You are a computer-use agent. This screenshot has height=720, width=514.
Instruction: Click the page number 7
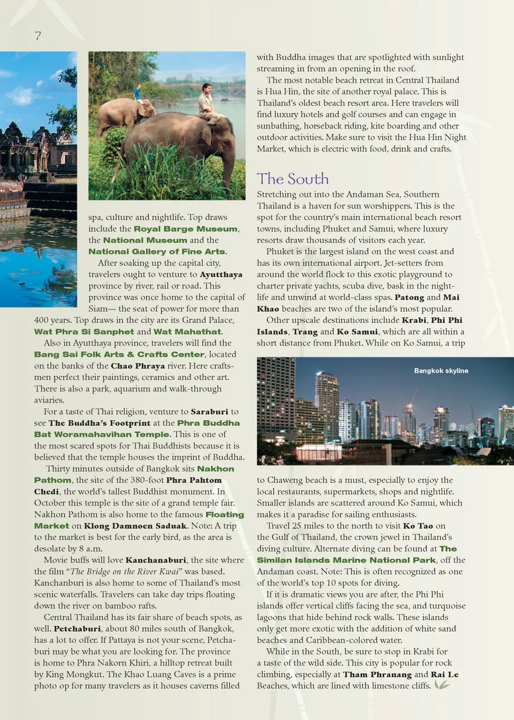pos(37,36)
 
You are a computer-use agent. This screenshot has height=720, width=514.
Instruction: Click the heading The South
pos(292,179)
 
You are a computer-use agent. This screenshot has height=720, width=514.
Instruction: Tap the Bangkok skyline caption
pos(441,371)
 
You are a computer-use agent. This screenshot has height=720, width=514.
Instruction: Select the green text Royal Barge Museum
pos(185,229)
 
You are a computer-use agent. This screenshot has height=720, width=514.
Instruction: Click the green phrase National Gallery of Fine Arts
pos(157,251)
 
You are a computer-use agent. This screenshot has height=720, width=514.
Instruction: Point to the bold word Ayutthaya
pos(221,274)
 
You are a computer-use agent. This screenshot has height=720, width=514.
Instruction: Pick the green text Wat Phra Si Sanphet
pos(84,332)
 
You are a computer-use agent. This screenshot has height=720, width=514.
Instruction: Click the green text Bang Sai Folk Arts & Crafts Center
pos(119,354)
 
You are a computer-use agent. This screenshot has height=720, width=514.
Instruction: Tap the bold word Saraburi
pos(209,411)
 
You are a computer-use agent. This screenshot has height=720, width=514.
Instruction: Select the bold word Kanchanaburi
pos(156,560)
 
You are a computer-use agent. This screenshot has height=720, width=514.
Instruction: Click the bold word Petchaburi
pos(77,628)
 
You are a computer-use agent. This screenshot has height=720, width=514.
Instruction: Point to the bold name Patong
pos(409,297)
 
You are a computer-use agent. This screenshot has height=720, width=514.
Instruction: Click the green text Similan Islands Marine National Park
pos(346,560)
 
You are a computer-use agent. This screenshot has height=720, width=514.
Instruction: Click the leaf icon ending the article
pos(442,685)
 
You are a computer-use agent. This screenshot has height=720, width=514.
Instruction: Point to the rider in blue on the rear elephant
pos(138,94)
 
